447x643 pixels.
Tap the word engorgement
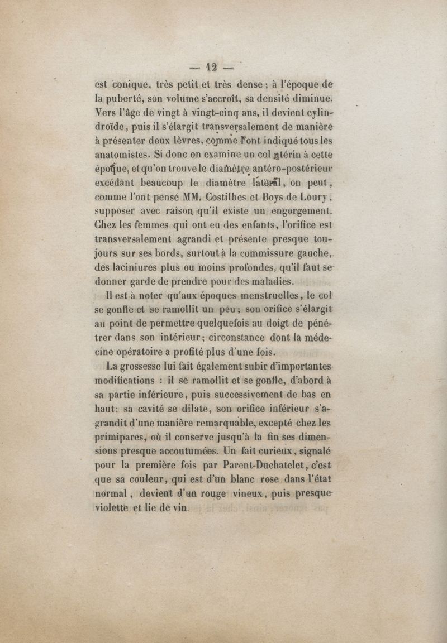click(x=302, y=212)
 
